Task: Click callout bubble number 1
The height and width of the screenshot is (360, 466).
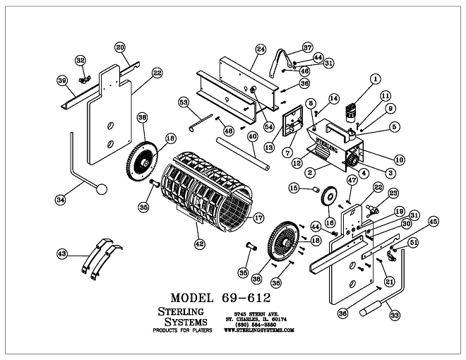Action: [x=374, y=78]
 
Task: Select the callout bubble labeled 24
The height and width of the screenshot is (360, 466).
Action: [x=261, y=49]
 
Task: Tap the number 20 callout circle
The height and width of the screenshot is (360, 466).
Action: [x=120, y=47]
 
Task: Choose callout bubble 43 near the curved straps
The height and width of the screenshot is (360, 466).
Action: [x=62, y=253]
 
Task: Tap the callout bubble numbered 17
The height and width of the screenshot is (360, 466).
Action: [x=258, y=218]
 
